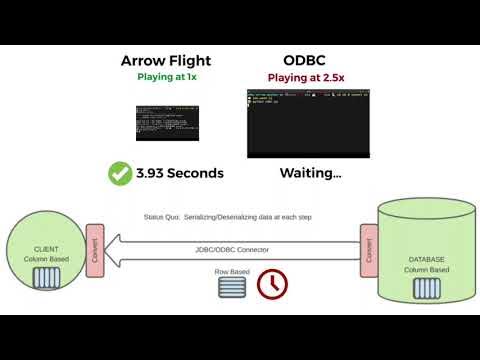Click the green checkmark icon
121,173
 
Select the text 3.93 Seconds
180,173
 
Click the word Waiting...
310,173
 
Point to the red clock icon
270,284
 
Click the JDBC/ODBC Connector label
232,249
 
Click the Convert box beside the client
94,246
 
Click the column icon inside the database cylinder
424,288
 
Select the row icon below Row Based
231,287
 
